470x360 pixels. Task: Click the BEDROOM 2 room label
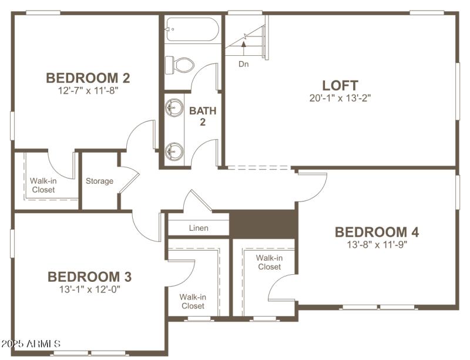click(88, 78)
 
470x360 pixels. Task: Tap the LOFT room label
click(340, 86)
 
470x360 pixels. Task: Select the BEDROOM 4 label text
click(377, 232)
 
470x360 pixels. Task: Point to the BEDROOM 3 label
click(89, 277)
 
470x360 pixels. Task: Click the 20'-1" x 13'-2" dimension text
click(340, 98)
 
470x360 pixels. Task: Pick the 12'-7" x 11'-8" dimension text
click(88, 91)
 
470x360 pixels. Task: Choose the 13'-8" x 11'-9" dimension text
click(377, 245)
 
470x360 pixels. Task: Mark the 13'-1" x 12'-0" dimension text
click(89, 289)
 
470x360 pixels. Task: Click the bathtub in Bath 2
click(192, 29)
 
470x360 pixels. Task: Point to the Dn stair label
click(243, 64)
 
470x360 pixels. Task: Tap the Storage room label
click(99, 181)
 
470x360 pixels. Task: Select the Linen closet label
click(199, 228)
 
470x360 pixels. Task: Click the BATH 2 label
click(203, 116)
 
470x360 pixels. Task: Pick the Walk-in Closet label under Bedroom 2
click(43, 186)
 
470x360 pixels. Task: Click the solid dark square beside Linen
click(262, 224)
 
